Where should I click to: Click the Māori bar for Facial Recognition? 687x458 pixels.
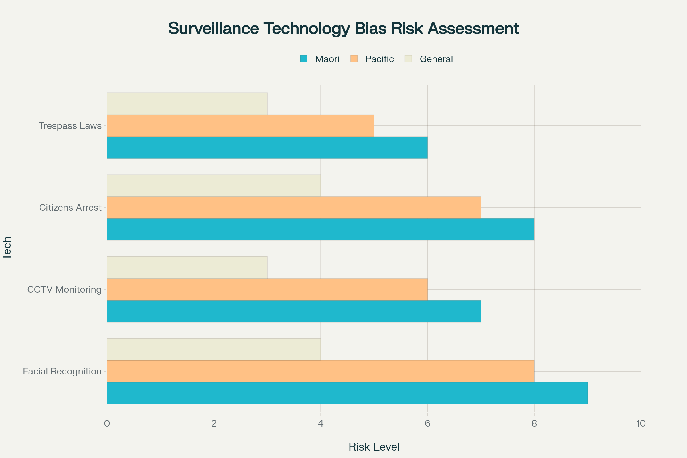pos(347,393)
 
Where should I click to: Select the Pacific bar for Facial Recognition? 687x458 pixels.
pos(320,371)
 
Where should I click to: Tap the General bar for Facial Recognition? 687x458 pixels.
pos(214,349)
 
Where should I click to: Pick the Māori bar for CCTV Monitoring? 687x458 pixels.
pos(294,311)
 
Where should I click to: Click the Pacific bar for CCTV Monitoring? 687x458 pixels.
pos(267,289)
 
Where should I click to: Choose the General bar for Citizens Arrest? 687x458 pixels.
pos(214,186)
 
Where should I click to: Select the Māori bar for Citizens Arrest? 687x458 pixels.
pos(320,230)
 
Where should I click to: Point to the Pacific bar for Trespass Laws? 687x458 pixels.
pos(240,126)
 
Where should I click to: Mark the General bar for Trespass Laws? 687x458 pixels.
pos(187,104)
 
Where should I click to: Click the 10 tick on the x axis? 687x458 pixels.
pos(641,424)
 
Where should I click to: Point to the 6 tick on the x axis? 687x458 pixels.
pos(427,424)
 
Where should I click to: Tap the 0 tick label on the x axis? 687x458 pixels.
pos(107,424)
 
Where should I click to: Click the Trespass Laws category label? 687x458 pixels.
pos(70,126)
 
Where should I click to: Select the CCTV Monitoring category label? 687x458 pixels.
pos(64,289)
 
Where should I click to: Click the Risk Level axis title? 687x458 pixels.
pos(374,447)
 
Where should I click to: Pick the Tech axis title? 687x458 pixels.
pos(7,248)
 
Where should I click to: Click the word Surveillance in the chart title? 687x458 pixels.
pos(214,29)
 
